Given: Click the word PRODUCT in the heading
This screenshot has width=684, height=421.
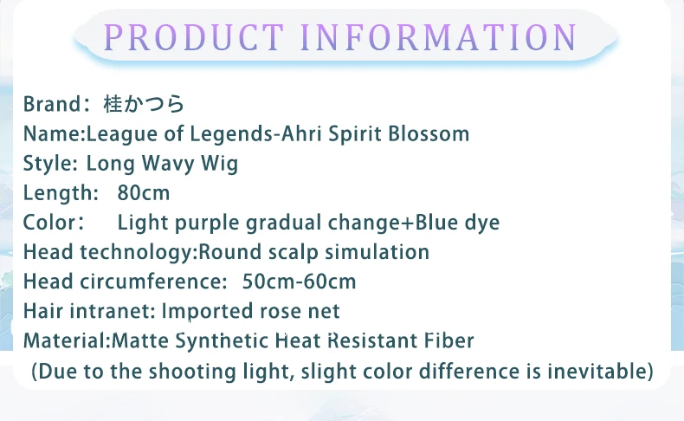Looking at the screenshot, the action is coord(194,37).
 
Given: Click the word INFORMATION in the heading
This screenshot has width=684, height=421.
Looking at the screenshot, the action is coord(439,37).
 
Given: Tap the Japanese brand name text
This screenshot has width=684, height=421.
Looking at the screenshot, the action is coord(144,104).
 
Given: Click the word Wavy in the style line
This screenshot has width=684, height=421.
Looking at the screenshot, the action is coord(168,164).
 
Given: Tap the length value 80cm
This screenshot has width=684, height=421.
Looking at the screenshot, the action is coord(144,193).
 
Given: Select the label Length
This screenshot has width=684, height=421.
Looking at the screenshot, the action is coord(59,193).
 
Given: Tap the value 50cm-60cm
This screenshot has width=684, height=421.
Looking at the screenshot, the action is coord(300,282).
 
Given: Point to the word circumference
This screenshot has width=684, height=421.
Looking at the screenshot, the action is coord(153,282).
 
